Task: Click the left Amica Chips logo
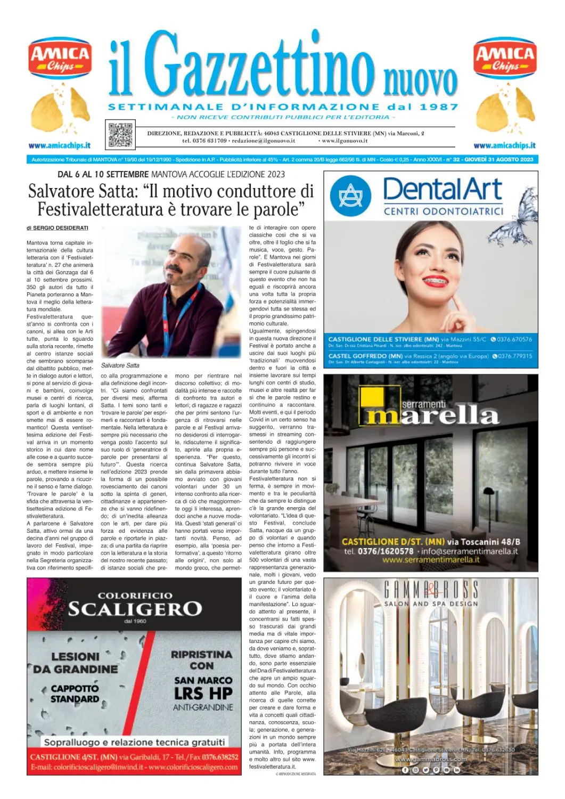[60, 59]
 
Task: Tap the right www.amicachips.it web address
[504, 145]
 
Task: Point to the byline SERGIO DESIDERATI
[61, 228]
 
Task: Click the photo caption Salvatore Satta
[120, 365]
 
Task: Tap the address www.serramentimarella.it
[431, 560]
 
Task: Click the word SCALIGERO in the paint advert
[135, 609]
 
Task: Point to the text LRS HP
[203, 694]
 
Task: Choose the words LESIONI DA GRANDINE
[76, 663]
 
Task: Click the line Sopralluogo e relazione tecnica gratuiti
[134, 742]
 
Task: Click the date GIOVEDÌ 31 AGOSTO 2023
[498, 159]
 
